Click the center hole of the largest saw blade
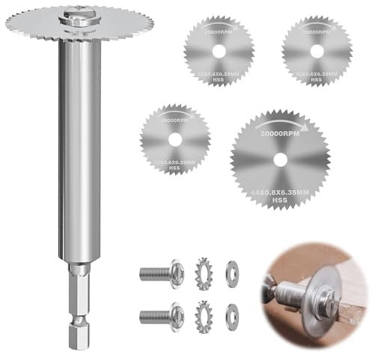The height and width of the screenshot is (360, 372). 279,158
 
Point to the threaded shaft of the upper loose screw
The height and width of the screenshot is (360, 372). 153,270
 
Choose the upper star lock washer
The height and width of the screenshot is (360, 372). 204,270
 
